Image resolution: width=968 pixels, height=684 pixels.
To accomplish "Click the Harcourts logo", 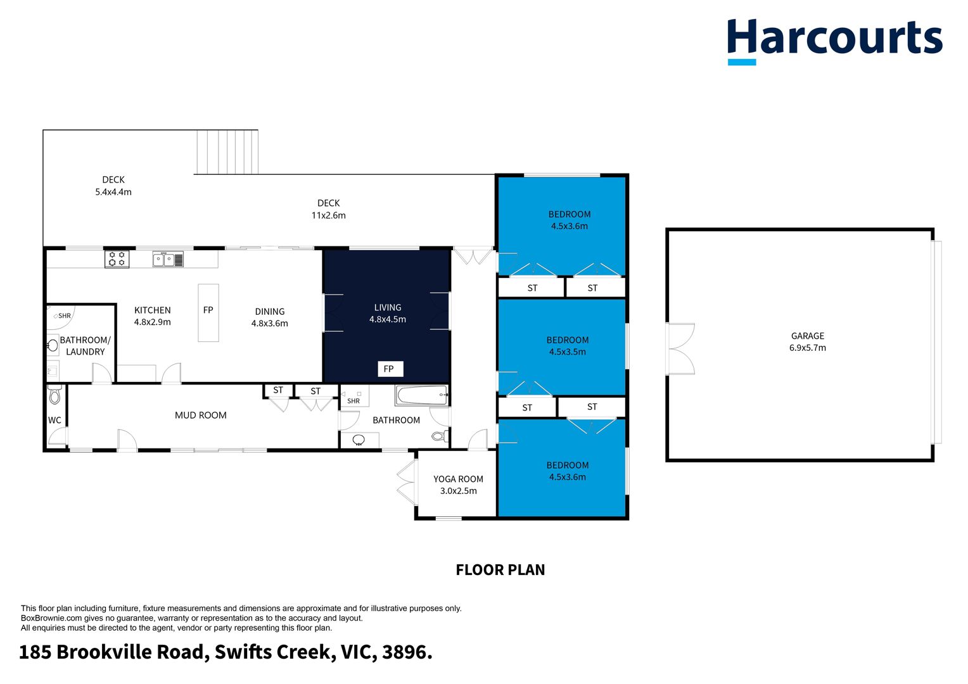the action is point(834,41).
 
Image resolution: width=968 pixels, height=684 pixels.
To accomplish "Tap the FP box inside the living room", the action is point(390,369).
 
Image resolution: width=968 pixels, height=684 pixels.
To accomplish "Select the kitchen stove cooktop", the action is point(117,259).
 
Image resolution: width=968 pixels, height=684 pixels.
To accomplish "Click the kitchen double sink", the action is point(168,259).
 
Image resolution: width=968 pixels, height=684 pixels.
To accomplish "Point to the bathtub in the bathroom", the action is point(422,395).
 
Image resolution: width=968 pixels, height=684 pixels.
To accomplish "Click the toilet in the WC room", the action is point(54,395).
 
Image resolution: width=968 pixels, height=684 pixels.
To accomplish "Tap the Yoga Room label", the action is point(458,479).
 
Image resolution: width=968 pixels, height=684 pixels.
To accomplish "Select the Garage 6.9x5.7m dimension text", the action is point(807,348).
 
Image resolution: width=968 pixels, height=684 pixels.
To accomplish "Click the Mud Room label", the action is point(201,415).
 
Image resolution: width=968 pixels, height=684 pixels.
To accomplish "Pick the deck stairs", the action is point(227,152).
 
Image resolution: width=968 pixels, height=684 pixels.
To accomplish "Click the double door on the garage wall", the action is point(681,349).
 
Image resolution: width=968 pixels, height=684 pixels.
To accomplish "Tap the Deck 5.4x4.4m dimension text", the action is point(113,192).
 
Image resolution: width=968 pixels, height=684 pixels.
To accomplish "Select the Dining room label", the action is point(270,312).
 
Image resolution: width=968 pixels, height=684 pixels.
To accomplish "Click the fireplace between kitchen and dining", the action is point(208,313).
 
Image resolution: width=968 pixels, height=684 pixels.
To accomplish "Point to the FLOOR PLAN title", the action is point(500,570).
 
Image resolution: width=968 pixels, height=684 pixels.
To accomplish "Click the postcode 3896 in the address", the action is point(407,652).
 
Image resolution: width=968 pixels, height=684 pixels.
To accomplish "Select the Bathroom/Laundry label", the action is point(85,346).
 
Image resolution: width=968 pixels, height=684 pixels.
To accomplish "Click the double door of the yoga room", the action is point(407,482).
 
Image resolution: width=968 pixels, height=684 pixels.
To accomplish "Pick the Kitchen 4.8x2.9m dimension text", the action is point(152,322).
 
